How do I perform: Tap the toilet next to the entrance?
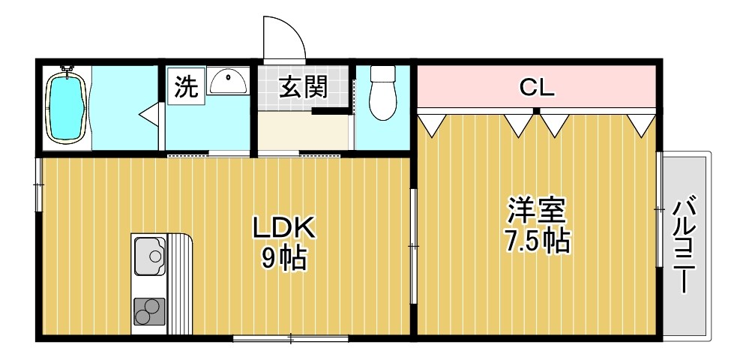click(383, 93)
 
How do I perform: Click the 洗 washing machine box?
click(185, 87)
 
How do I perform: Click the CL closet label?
click(537, 88)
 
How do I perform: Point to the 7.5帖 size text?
click(536, 241)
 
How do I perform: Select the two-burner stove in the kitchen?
click(150, 310)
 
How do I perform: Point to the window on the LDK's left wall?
click(37, 184)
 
